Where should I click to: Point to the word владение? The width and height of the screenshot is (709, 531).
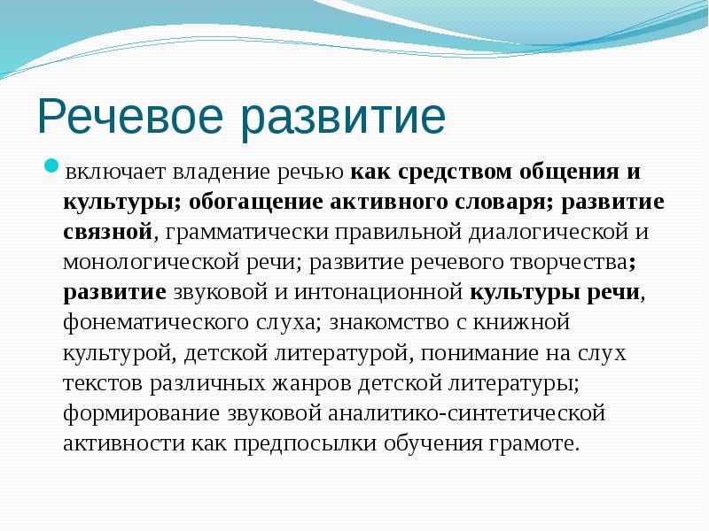click(x=210, y=171)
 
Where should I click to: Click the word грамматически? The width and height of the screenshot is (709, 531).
click(x=242, y=232)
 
